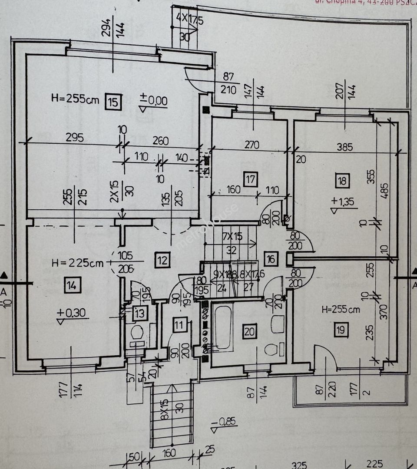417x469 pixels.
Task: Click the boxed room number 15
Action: click(x=113, y=102)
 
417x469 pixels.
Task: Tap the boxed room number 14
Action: click(x=72, y=285)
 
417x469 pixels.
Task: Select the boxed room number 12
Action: click(x=162, y=261)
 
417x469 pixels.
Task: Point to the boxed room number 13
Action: click(x=140, y=312)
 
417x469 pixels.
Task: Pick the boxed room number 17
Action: click(x=251, y=179)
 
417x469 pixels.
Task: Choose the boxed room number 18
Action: click(x=343, y=181)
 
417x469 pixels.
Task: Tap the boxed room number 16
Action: click(x=271, y=259)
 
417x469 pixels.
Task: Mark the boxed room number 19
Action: click(x=341, y=330)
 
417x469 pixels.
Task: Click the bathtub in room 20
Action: click(x=222, y=327)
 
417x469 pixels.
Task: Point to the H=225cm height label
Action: click(x=78, y=263)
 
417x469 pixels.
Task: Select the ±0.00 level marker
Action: click(x=154, y=101)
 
